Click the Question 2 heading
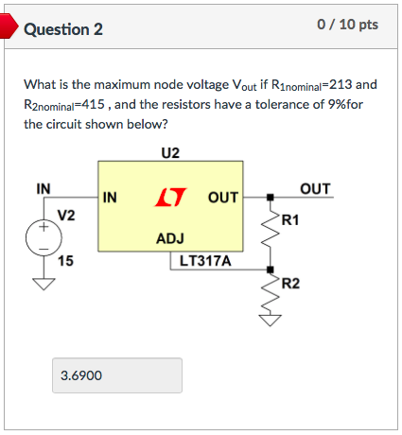click(x=63, y=29)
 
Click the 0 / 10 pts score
click(x=347, y=25)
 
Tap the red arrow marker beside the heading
click(x=9, y=26)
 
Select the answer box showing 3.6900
click(x=117, y=375)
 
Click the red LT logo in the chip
click(x=170, y=198)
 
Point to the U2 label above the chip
click(x=170, y=153)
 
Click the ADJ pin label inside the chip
click(x=170, y=238)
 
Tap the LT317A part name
click(x=205, y=261)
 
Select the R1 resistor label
click(x=290, y=219)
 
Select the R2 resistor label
click(x=290, y=283)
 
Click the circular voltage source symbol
click(x=44, y=238)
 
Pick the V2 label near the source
click(x=66, y=216)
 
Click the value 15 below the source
click(x=65, y=261)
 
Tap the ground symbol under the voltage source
click(x=44, y=284)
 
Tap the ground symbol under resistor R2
click(x=271, y=320)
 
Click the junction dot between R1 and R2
click(x=271, y=270)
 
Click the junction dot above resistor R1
click(x=271, y=198)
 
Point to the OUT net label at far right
click(x=315, y=189)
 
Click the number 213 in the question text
click(x=341, y=84)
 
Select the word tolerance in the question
click(x=282, y=104)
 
